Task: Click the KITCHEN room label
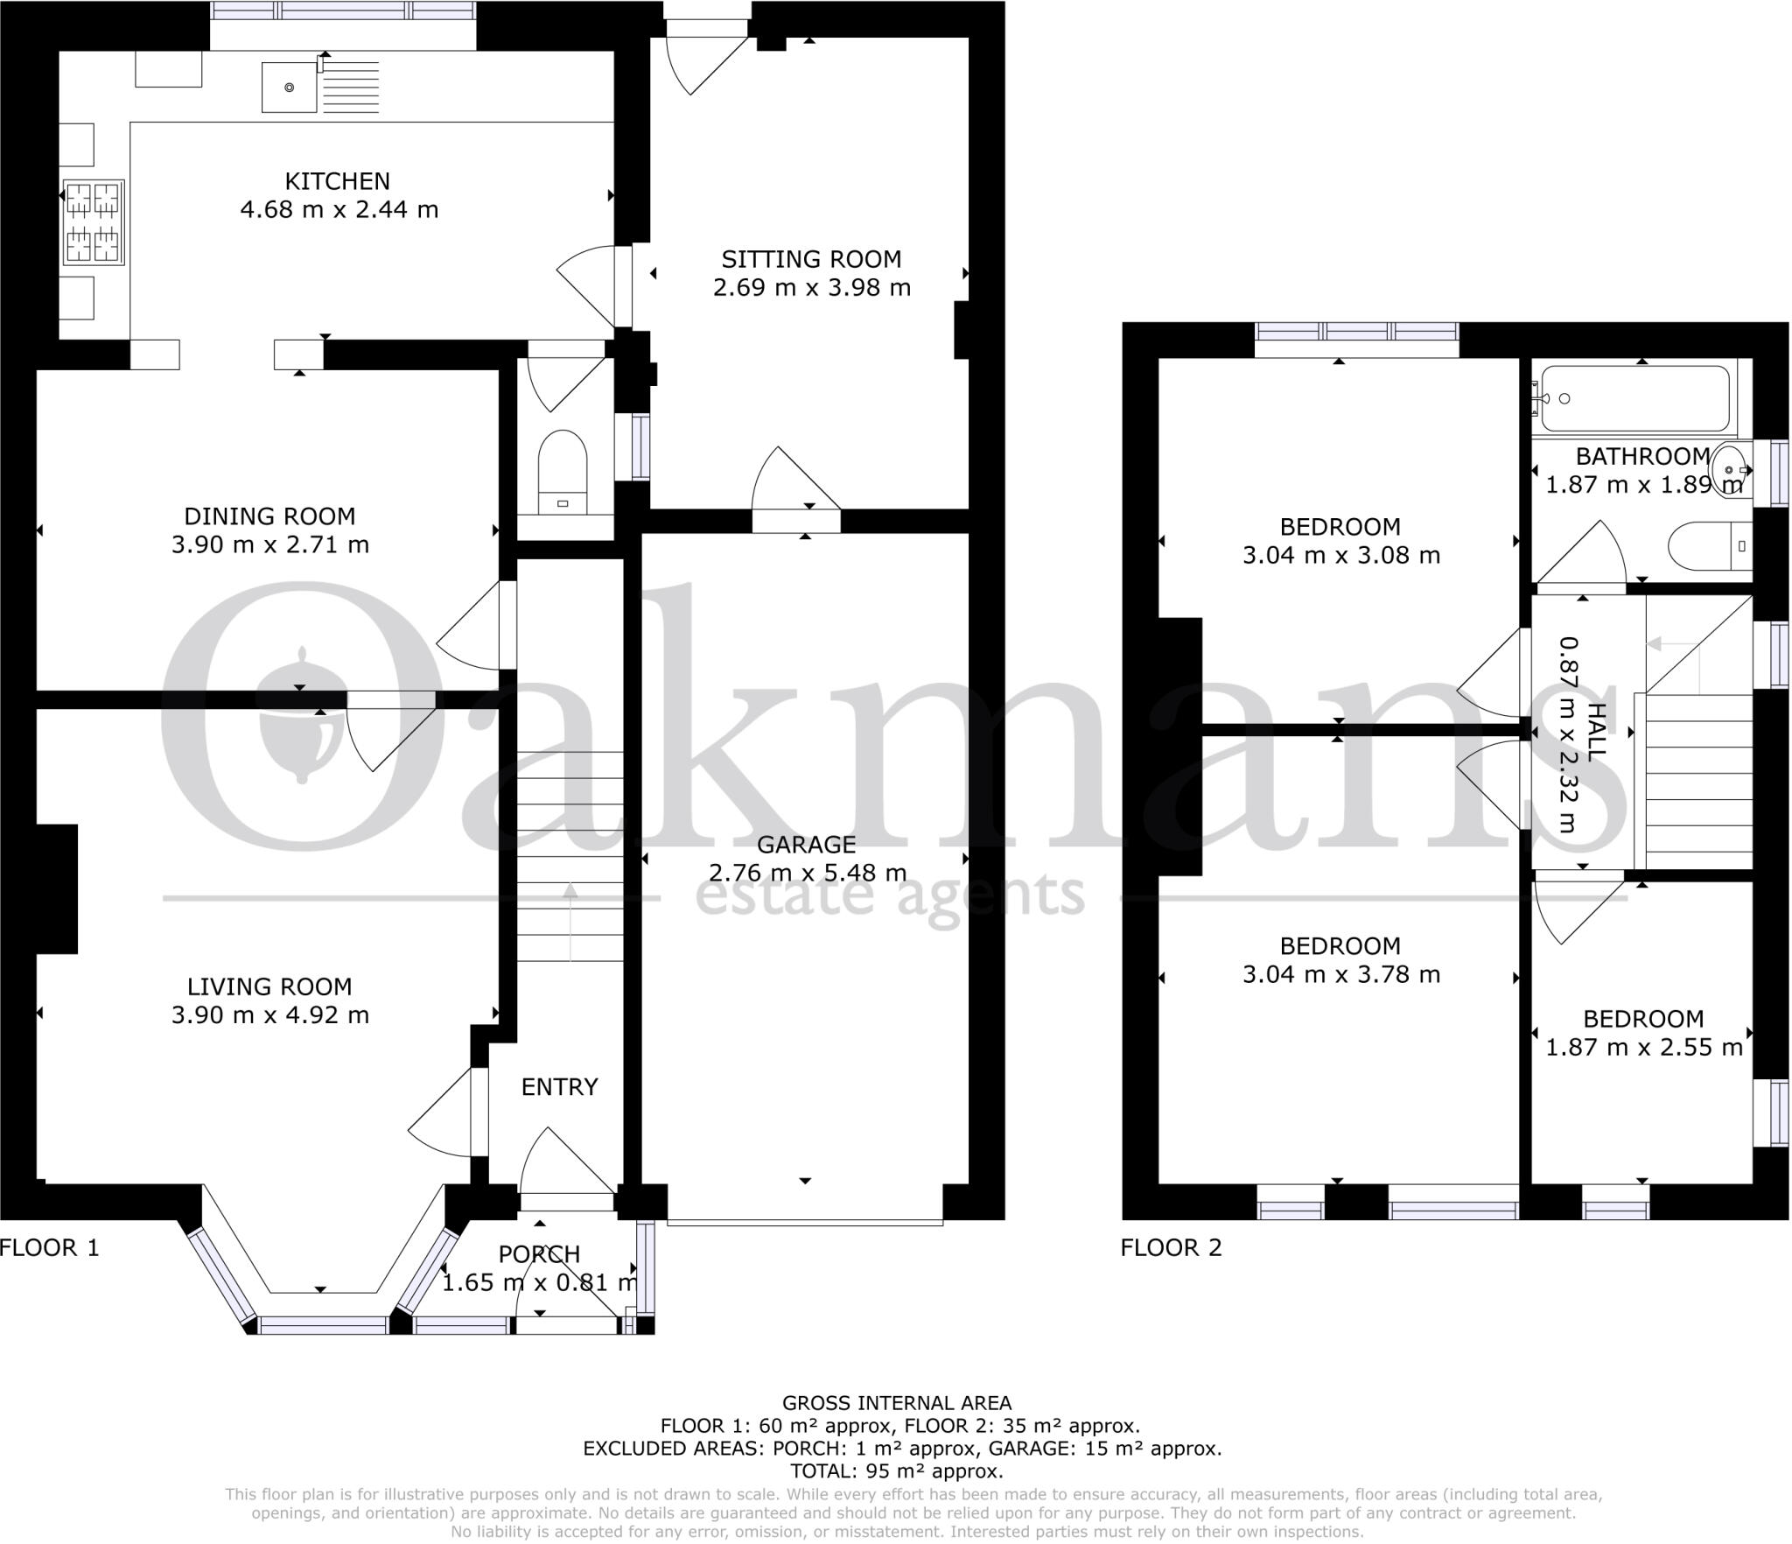pyautogui.click(x=337, y=181)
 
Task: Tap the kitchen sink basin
pyautogui.click(x=289, y=87)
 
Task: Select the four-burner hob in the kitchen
pyautogui.click(x=93, y=222)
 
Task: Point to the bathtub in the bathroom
pyautogui.click(x=1634, y=399)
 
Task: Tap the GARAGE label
pyautogui.click(x=806, y=845)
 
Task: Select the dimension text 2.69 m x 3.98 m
pyautogui.click(x=811, y=288)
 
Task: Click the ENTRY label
pyautogui.click(x=559, y=1087)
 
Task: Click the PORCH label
pyautogui.click(x=539, y=1254)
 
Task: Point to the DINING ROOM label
pyautogui.click(x=269, y=516)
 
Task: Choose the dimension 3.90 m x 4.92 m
pyautogui.click(x=269, y=1015)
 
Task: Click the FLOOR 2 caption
pyautogui.click(x=1170, y=1247)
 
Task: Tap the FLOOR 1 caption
pyautogui.click(x=50, y=1247)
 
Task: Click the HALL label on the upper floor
pyautogui.click(x=1596, y=731)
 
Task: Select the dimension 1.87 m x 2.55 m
pyautogui.click(x=1643, y=1048)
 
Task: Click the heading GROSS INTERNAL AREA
pyautogui.click(x=896, y=1404)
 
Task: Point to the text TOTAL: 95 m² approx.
pyautogui.click(x=896, y=1471)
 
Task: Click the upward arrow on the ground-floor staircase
pyautogui.click(x=570, y=919)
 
